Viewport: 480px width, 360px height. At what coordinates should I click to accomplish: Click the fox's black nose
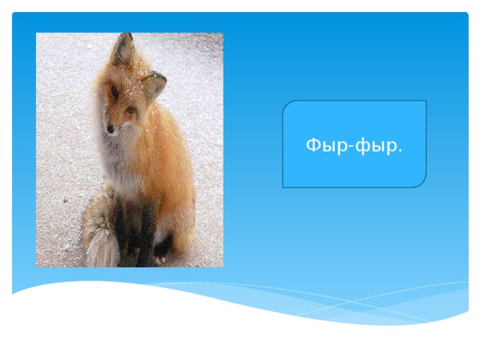pos(110,129)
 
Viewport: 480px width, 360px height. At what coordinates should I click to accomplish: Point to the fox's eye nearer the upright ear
pos(115,92)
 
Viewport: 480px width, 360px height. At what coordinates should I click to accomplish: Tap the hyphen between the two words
pos(349,145)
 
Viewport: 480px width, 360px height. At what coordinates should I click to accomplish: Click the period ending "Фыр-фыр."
pos(400,148)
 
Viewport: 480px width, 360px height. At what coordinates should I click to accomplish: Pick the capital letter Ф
pos(313,143)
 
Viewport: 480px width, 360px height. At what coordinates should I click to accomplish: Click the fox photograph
pos(129,150)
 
